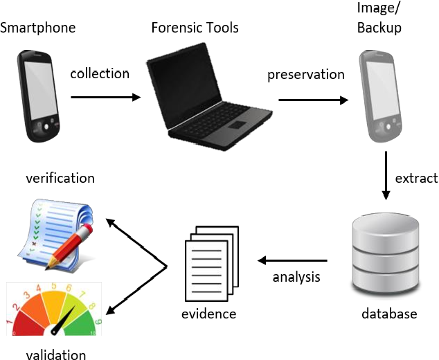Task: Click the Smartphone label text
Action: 37,28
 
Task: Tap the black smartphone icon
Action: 39,96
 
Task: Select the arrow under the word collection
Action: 105,96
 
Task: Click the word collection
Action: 100,73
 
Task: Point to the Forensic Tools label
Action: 195,28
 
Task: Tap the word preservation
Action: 305,74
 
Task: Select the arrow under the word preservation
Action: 313,99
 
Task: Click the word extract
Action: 416,179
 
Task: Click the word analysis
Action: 296,278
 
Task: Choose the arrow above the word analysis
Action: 298,261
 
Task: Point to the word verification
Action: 60,178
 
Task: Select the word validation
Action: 56,354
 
